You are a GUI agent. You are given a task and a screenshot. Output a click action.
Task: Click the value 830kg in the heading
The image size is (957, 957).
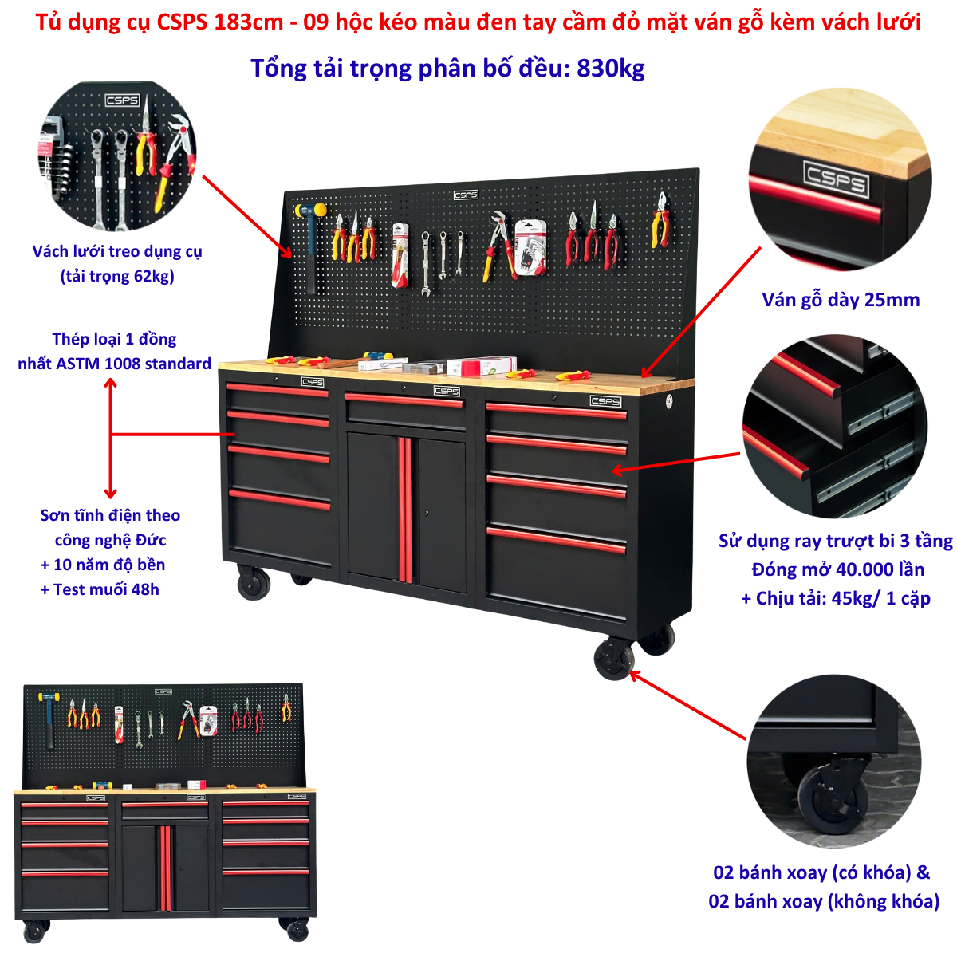click(x=610, y=69)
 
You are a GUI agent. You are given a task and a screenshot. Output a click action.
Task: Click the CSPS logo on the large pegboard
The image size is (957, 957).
click(x=465, y=195)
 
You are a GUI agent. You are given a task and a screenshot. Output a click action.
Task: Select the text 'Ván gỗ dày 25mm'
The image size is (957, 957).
click(x=841, y=300)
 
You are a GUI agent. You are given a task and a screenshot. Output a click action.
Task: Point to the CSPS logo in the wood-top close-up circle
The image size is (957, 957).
click(x=835, y=178)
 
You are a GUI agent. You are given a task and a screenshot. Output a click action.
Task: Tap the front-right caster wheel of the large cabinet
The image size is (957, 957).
click(x=614, y=659)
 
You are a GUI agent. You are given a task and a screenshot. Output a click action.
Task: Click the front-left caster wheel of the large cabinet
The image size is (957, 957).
click(x=254, y=581)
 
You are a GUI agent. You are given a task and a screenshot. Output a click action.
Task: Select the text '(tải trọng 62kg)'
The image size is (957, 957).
click(x=117, y=276)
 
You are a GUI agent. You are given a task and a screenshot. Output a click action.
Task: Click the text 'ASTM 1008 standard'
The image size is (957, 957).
click(x=133, y=364)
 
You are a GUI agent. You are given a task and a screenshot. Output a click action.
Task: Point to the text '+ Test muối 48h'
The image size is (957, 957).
click(x=100, y=589)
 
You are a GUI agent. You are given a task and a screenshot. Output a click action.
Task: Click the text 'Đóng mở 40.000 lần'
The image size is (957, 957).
click(x=838, y=569)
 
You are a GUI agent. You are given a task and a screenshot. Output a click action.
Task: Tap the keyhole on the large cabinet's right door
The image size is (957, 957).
click(x=427, y=513)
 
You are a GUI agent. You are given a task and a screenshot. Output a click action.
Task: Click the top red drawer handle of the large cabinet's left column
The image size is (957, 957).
click(x=277, y=389)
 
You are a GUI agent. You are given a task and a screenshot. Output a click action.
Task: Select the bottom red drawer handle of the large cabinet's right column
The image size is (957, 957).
click(x=556, y=541)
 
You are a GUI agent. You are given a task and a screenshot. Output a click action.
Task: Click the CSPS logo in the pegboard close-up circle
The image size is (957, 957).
click(x=122, y=100)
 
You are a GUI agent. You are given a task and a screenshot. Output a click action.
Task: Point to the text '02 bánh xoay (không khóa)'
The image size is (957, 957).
click(x=824, y=900)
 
